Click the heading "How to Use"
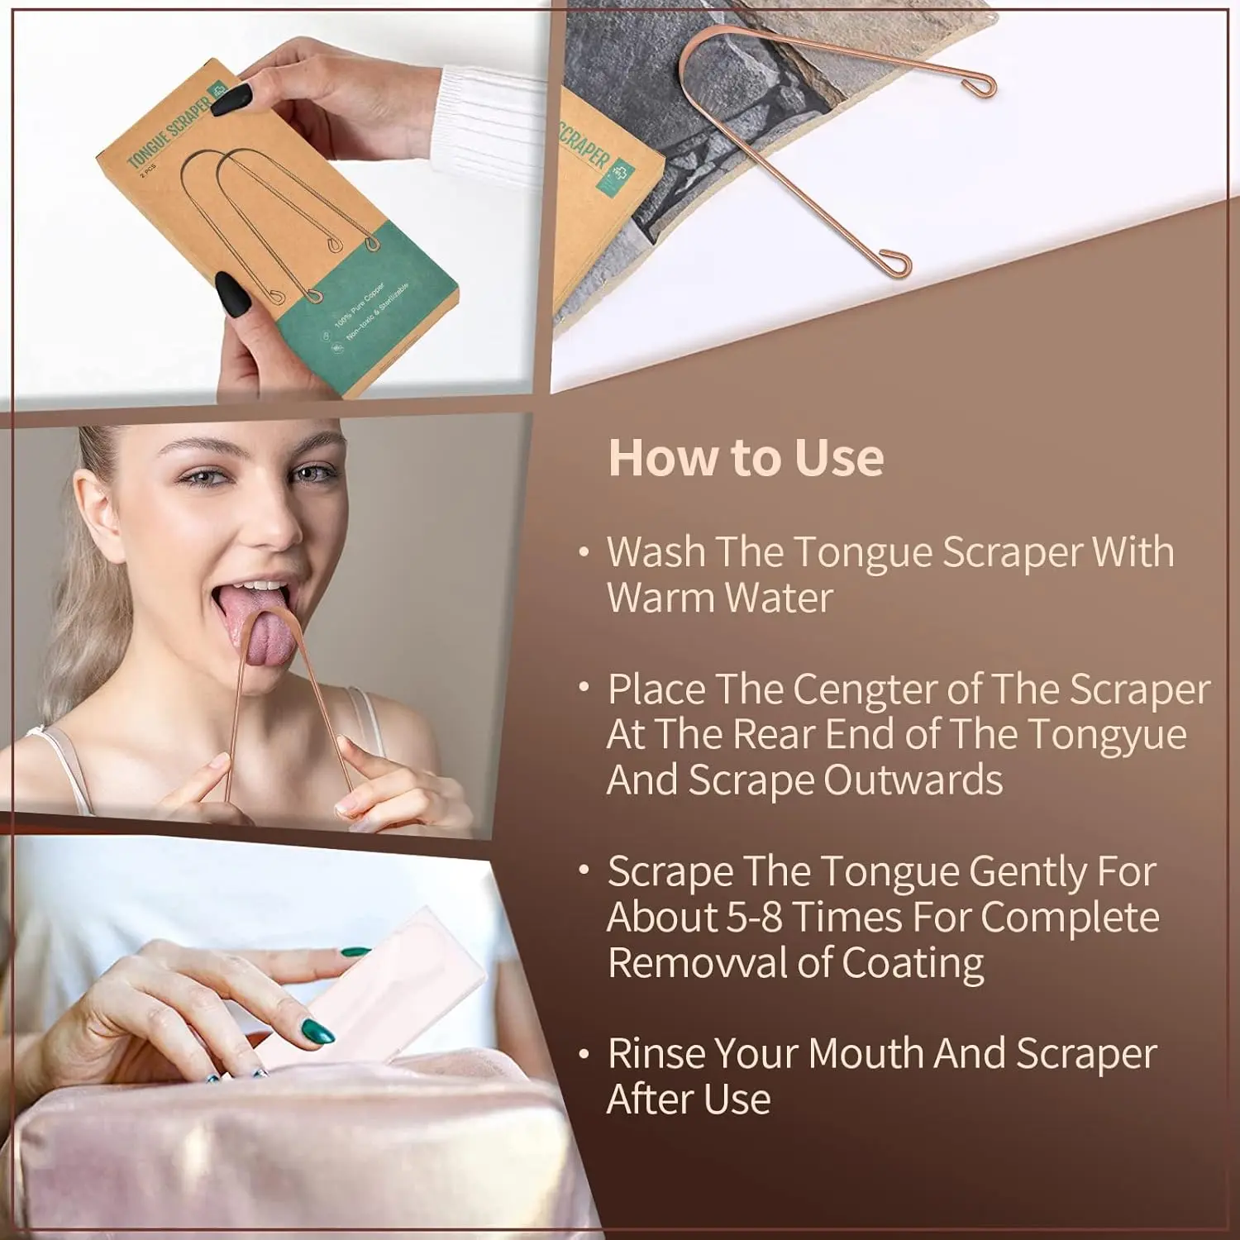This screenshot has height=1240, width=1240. (x=746, y=457)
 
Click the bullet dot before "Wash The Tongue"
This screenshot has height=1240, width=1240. (x=584, y=551)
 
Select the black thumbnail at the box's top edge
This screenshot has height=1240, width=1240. (x=231, y=98)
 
